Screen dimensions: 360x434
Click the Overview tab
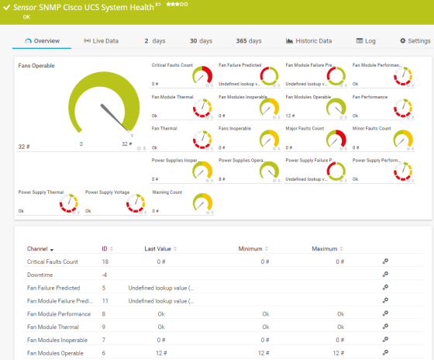pos(43,40)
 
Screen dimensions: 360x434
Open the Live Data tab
pos(101,40)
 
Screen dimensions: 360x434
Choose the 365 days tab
pos(249,40)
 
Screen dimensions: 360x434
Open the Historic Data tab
pos(309,40)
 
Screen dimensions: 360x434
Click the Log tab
pos(366,40)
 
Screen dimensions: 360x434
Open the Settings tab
pos(415,40)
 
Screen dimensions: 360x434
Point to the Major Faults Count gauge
pos(336,140)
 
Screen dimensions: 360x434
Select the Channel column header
pos(40,249)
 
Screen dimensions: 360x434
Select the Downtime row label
pos(40,275)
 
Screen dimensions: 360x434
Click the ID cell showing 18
pos(105,262)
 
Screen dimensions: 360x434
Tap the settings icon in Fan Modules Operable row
pos(385,353)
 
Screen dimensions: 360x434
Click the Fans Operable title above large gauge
pos(36,66)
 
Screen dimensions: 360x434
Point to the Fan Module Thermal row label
pos(52,327)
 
